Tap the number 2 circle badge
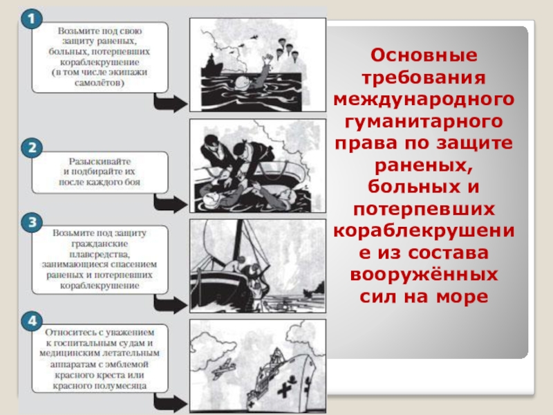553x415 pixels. (29, 147)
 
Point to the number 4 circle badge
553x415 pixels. (29, 320)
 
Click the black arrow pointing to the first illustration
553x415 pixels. (169, 104)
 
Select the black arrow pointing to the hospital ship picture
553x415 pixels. (169, 403)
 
